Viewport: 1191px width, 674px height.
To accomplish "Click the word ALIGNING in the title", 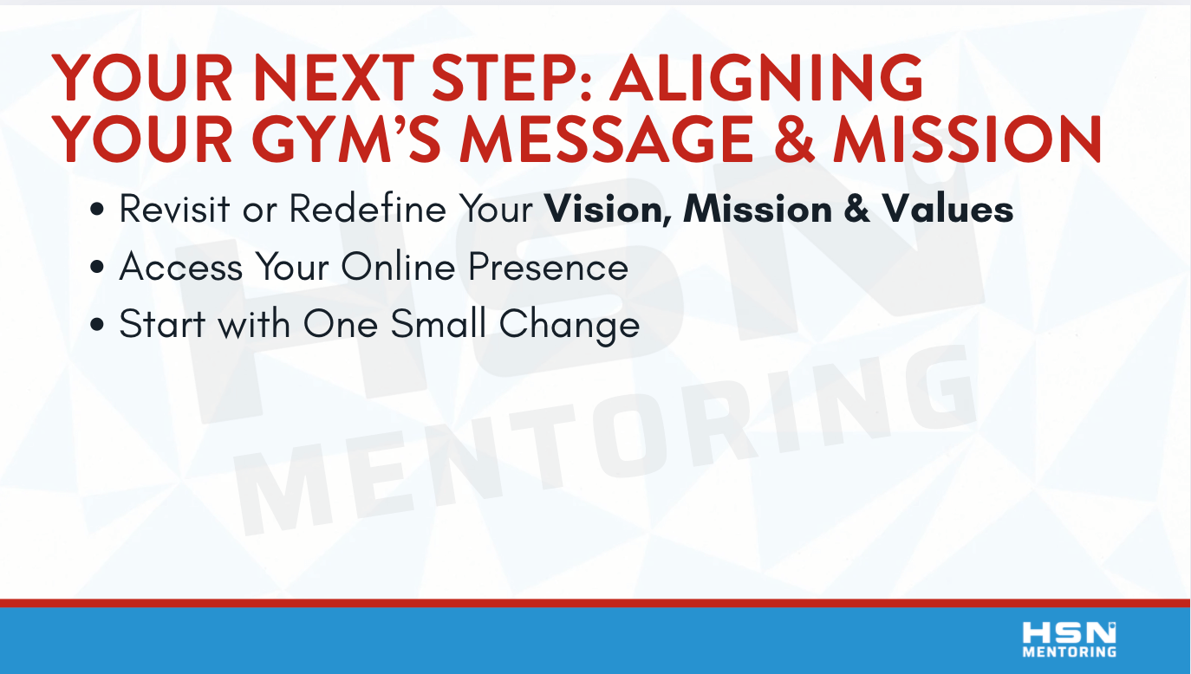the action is point(766,78).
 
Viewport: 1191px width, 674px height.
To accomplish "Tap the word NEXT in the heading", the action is point(334,78).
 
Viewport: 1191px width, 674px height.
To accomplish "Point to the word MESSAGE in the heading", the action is point(607,139).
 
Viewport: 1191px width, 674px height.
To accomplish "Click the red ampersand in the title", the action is point(794,139).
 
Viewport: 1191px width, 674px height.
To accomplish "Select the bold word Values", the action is point(948,209).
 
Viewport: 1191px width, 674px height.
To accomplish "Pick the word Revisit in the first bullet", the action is point(174,209).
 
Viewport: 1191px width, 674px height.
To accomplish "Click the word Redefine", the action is point(368,209).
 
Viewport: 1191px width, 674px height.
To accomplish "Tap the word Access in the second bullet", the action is point(181,266).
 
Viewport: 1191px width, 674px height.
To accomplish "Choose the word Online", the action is point(398,266).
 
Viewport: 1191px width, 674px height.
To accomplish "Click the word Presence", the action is point(548,266).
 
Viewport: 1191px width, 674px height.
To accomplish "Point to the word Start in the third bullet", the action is point(162,324).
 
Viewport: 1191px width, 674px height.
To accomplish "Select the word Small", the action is point(439,324).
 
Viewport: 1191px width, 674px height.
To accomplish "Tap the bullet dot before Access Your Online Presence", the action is point(97,267).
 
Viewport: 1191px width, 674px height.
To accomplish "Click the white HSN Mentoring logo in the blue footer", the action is point(1070,639).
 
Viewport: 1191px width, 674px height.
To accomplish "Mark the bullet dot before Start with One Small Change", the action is point(97,324).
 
